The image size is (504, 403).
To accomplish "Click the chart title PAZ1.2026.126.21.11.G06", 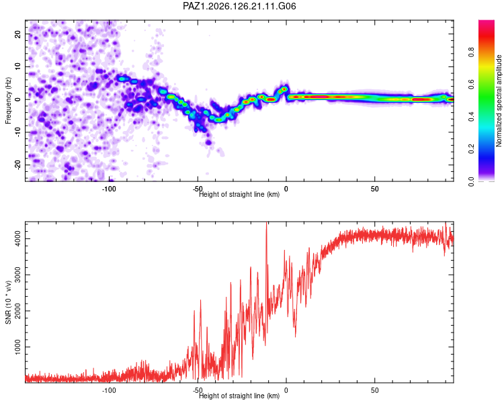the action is (x=239, y=6).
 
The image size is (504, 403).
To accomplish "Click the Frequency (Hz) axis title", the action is (x=8, y=101).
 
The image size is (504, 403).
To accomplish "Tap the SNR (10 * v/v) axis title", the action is (x=8, y=302).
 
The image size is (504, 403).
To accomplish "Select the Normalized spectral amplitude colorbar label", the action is (x=499, y=101).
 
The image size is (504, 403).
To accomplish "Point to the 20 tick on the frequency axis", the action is (x=17, y=34).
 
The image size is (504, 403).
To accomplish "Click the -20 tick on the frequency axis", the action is (x=17, y=165).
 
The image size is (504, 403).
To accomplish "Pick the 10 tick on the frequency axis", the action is (x=17, y=66).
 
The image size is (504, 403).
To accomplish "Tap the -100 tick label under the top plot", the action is (x=109, y=189).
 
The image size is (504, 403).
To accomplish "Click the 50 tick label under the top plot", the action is (x=374, y=189).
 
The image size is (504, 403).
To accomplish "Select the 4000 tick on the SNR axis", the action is (x=17, y=239).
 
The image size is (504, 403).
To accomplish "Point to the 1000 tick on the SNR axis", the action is (x=17, y=347).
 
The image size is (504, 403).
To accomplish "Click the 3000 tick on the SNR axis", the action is (x=17, y=275).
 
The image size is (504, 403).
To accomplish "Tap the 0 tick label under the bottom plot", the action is (x=286, y=390).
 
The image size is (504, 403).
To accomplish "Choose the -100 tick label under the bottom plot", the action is (x=109, y=390).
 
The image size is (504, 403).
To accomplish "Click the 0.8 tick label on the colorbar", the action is (x=471, y=52).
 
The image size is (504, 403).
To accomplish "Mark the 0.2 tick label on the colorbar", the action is (x=471, y=149).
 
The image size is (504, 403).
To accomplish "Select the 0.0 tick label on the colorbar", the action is (x=471, y=181).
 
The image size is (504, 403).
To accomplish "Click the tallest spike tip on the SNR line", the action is (x=266, y=222).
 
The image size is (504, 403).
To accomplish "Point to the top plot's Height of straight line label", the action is (x=239, y=194).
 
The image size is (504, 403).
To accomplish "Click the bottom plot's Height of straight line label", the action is (x=239, y=396).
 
